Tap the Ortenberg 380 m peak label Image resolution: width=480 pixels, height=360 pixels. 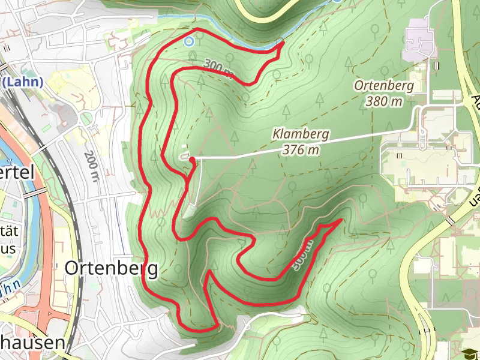[x=384, y=93]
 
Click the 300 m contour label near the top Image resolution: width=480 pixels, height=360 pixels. [x=217, y=67]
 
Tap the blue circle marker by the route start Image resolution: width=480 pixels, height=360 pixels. [x=189, y=41]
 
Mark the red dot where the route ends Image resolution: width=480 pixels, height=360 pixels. [x=193, y=160]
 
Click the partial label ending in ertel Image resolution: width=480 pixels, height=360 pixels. [x=15, y=173]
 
